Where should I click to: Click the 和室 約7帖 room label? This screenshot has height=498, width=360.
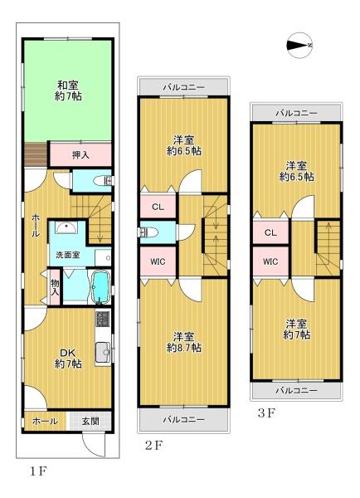point(68,89)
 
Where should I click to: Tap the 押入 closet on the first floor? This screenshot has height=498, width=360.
point(80,154)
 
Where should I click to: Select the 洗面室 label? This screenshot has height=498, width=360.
point(69,255)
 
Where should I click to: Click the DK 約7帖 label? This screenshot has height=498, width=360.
point(68,357)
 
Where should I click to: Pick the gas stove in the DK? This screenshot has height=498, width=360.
point(104,320)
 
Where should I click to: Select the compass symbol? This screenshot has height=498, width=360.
point(299,45)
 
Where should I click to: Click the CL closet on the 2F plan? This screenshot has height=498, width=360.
point(158,207)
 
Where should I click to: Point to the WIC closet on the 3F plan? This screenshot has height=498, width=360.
point(270,262)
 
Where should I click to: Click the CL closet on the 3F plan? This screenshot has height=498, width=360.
point(270,233)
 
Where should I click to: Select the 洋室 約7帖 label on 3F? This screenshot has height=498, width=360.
point(297,328)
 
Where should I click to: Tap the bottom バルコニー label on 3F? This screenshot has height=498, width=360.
point(296,390)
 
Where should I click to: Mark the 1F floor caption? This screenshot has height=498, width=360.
point(37,471)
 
